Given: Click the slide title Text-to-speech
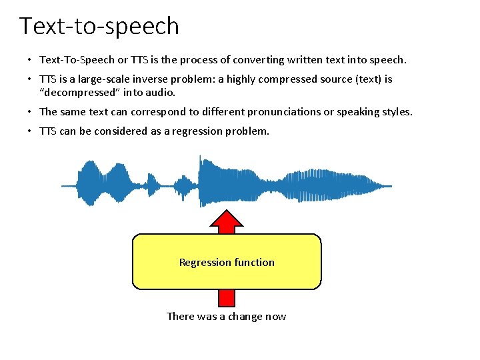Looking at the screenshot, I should (99, 26).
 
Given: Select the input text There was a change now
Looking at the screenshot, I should (226, 316).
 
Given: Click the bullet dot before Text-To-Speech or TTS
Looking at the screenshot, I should (30, 60).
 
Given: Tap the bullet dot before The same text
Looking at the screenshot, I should (30, 112).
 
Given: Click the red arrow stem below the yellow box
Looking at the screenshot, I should (227, 298).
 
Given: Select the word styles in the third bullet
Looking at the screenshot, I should (397, 111).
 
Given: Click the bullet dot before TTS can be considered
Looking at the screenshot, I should (30, 131).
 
